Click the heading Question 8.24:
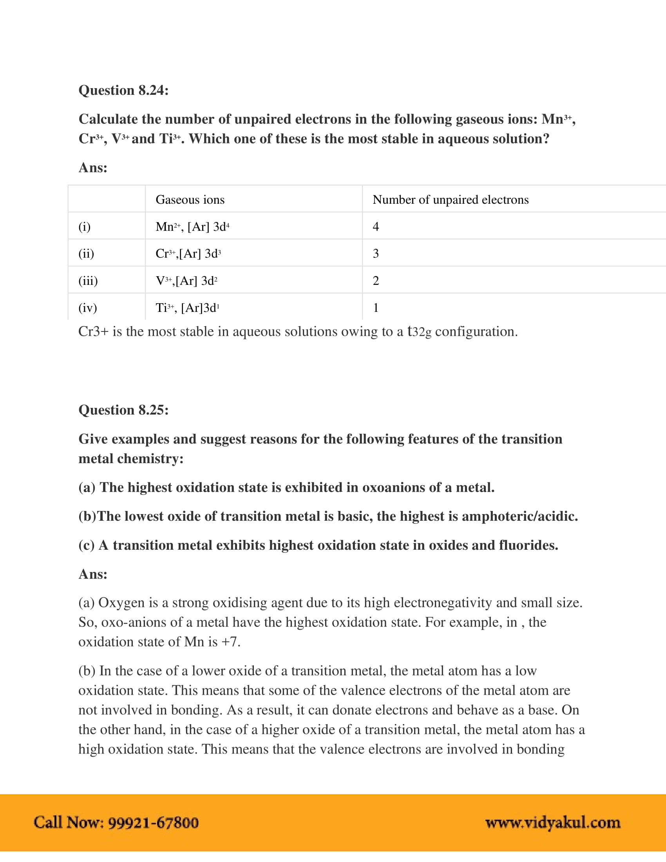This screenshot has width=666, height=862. pos(123,91)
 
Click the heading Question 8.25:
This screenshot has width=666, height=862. pos(123,410)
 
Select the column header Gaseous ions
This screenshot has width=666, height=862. pos(190,200)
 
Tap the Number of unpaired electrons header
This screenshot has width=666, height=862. pos(450,200)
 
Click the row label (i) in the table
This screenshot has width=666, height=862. pos(85,226)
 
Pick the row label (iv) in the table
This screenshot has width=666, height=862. pos(88,308)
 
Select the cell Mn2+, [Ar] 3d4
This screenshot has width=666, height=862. pos(192,226)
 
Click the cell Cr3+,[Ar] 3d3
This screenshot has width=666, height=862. pos(188,254)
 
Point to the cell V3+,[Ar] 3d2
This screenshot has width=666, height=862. pos(186,281)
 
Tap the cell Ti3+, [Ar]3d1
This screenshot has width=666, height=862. pos(187,308)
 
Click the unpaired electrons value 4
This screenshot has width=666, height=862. pos(376,226)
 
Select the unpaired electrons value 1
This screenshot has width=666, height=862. pos(376,308)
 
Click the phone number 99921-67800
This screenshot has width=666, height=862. pos(153,823)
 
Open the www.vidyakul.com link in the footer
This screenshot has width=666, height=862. pos(552,823)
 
